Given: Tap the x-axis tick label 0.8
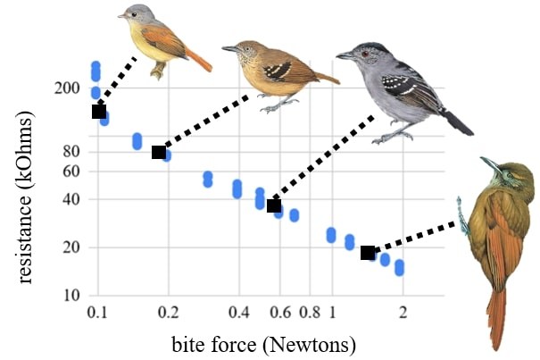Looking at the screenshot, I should click(x=310, y=312).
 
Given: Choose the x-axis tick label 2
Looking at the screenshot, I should click(x=403, y=312).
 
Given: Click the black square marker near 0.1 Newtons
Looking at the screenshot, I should click(x=99, y=111).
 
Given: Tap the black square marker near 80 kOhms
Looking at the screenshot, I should click(x=159, y=152).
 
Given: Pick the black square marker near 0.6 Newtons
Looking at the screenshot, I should click(x=274, y=205).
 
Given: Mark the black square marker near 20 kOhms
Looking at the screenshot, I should click(x=367, y=253).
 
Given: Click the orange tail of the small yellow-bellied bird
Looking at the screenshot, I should click(x=198, y=59).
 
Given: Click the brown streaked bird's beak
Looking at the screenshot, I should click(x=229, y=48).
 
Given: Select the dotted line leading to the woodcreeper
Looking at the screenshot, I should click(x=418, y=239).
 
